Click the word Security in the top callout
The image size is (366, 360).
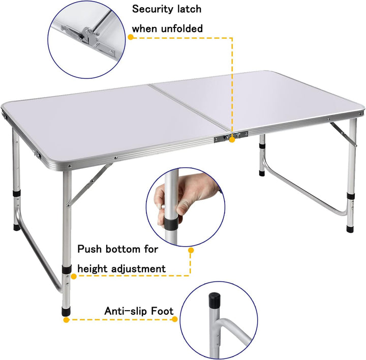152,9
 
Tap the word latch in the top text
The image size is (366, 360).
189,9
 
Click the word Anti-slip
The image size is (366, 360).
124,311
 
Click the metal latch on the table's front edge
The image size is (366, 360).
235,136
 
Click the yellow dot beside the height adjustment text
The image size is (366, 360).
191,250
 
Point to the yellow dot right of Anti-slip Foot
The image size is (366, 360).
175,319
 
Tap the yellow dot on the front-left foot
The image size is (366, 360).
66,320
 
